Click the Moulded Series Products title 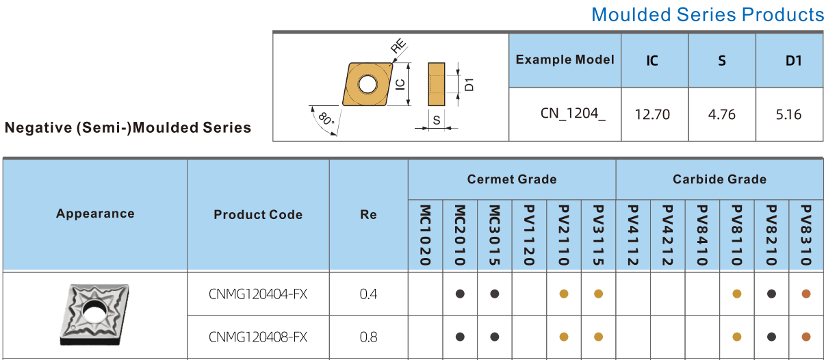707,15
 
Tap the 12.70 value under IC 652,114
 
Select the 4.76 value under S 722,114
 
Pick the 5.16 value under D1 788,114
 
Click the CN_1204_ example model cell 573,114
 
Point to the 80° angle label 326,119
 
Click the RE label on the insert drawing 398,46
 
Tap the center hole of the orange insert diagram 367,84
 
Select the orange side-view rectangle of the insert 436,84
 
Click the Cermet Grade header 512,179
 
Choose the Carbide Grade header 719,179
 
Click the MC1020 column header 425,235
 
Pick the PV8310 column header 806,235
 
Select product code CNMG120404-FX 258,294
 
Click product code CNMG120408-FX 258,337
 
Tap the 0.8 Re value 368,337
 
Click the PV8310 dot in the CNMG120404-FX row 806,294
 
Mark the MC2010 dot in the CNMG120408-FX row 460,337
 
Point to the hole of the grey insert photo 95,311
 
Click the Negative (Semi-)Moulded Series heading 127,127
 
